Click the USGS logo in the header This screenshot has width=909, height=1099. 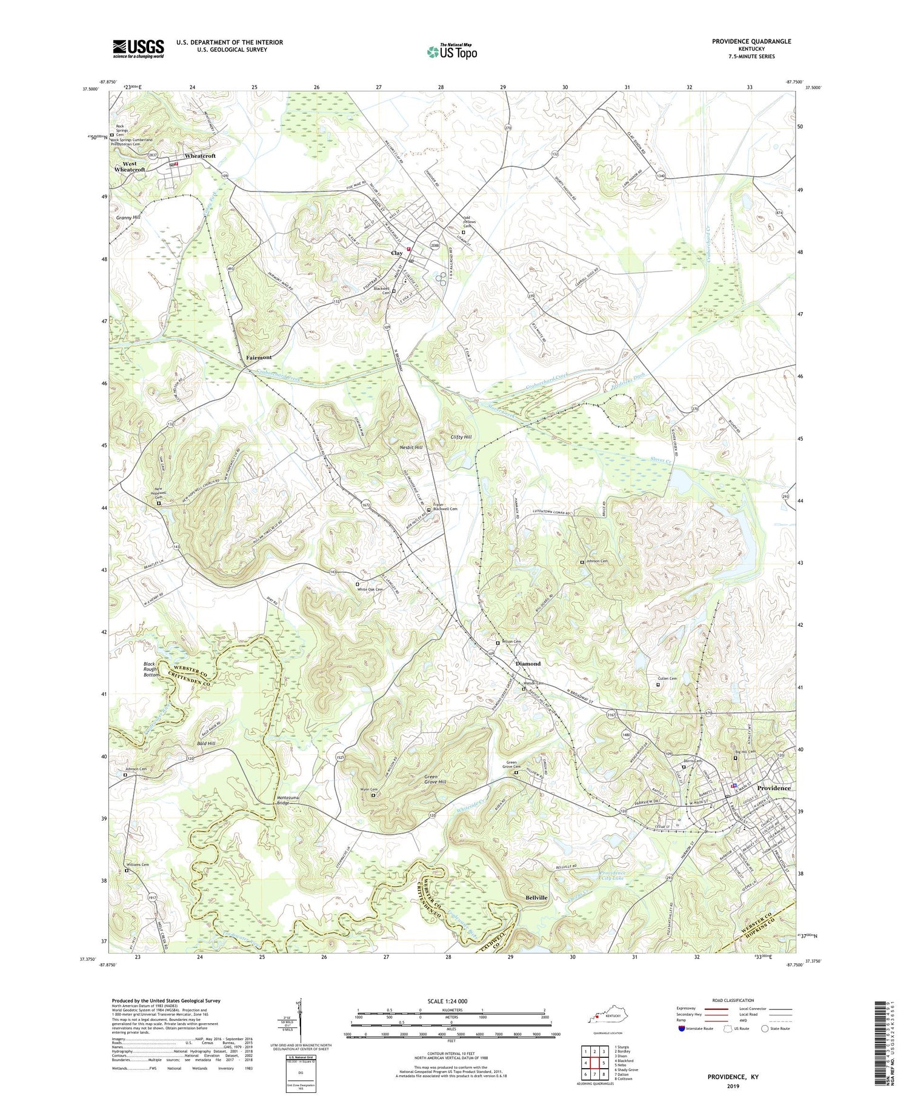[138, 48]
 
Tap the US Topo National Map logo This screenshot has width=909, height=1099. [451, 52]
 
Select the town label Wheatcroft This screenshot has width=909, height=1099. [200, 156]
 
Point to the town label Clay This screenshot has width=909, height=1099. [397, 253]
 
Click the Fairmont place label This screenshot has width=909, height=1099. [259, 358]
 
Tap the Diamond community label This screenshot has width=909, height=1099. [528, 664]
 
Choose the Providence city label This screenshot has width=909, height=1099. [773, 788]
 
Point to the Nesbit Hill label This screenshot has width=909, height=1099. [411, 447]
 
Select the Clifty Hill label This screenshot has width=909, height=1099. [461, 436]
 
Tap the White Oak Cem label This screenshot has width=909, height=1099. [370, 589]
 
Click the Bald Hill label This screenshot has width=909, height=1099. [206, 743]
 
